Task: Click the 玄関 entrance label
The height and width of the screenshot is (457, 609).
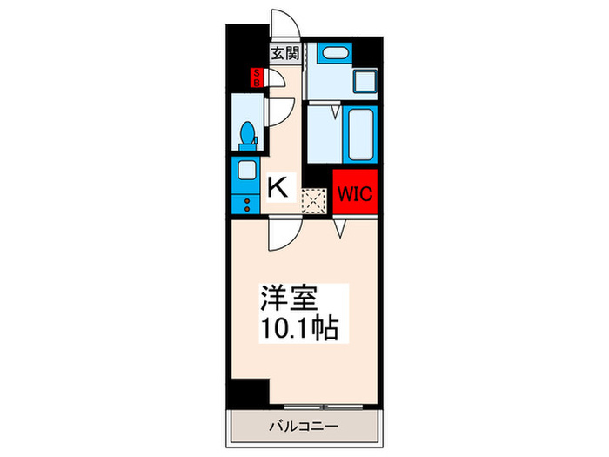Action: coord(284,54)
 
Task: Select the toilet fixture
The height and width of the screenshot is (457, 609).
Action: coord(247,134)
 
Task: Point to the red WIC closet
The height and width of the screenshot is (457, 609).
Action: coord(353,193)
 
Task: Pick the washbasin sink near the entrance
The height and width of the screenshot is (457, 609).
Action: coord(331,52)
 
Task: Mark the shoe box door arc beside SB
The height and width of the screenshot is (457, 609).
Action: coord(273,81)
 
